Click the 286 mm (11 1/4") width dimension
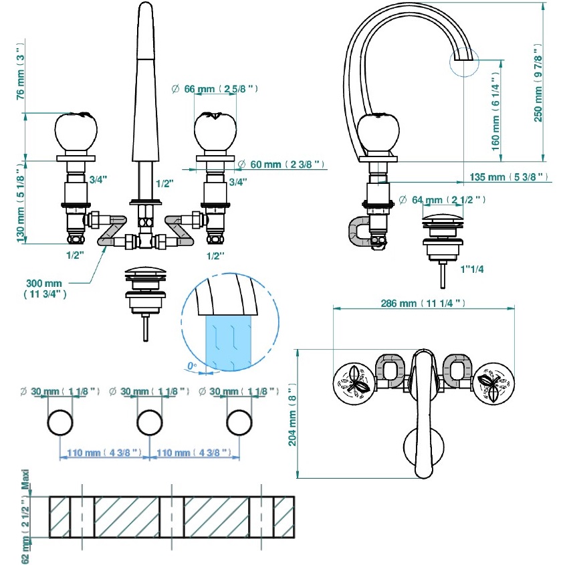click(423, 303)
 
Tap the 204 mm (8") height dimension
click(291, 413)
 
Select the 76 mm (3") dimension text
click(19, 73)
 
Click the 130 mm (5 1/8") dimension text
click(19, 199)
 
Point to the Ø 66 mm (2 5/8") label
click(215, 89)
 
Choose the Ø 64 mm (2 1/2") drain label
click(441, 200)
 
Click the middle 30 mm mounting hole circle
click(149, 423)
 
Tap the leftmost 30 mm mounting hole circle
click(60, 423)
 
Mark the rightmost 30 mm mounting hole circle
click(239, 423)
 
